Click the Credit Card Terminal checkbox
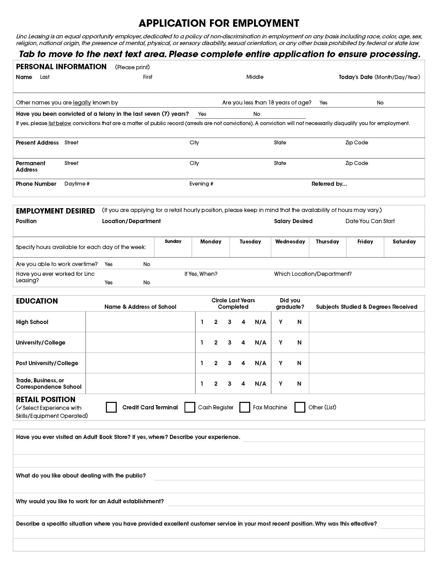point(111,407)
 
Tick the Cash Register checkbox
point(190,407)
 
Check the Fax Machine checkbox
point(245,407)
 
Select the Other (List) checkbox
point(300,407)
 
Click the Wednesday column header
point(290,241)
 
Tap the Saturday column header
point(404,241)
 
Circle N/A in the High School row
point(260,322)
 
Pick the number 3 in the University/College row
point(230,343)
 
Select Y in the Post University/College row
point(281,363)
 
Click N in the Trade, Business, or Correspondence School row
point(299,384)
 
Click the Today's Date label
point(356,77)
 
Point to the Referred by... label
point(329,184)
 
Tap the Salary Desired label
point(293,221)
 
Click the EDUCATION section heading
point(37,301)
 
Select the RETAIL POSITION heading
point(46,399)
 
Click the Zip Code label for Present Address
point(357,143)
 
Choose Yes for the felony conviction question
point(202,114)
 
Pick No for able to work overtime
point(147,264)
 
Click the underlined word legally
point(82,103)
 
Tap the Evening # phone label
point(201,184)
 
